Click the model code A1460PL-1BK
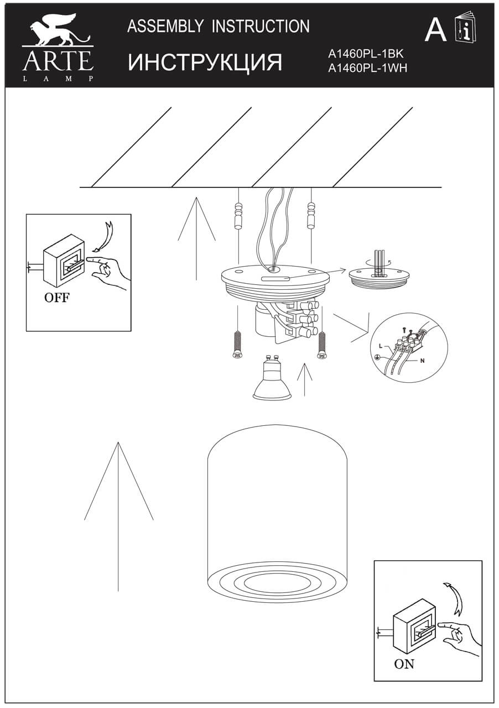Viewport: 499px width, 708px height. [367, 54]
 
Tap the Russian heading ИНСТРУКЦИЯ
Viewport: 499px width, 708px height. [205, 63]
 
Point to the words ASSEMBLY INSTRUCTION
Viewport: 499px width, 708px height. [219, 26]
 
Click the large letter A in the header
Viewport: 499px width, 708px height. [435, 30]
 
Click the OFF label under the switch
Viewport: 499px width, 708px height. [57, 298]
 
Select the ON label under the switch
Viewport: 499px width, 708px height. [404, 664]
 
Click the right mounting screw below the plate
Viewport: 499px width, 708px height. [321, 345]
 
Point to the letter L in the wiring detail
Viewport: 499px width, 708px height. [380, 346]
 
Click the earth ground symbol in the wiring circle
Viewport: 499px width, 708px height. [377, 358]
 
